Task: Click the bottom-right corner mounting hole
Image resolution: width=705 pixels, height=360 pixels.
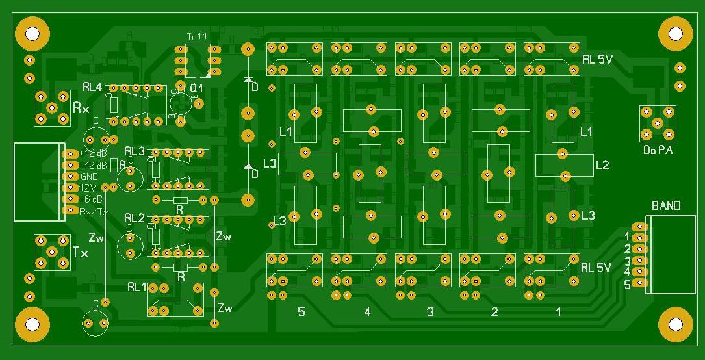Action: [676, 324]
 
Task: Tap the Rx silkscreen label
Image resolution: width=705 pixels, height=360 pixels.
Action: [81, 108]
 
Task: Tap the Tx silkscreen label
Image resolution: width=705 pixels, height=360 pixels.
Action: [81, 252]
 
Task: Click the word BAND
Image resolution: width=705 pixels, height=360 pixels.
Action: [666, 206]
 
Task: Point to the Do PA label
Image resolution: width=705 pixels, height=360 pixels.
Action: [658, 150]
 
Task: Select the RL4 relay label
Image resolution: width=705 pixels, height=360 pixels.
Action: [92, 86]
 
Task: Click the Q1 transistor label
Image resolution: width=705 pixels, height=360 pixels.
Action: [196, 88]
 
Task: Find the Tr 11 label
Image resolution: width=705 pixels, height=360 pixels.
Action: [196, 37]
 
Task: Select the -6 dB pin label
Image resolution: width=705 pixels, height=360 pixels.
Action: [92, 199]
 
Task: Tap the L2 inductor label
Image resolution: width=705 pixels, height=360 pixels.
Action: [602, 165]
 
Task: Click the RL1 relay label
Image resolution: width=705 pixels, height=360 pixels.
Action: [138, 287]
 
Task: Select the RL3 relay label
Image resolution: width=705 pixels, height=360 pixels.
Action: [135, 151]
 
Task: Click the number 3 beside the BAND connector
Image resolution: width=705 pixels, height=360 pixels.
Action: [628, 261]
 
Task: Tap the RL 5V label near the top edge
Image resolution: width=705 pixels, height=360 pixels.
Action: [596, 59]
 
